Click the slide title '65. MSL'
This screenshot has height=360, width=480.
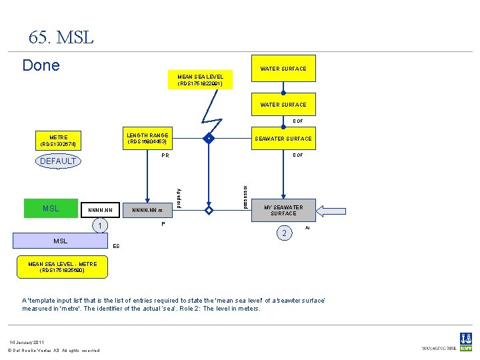[x=61, y=37]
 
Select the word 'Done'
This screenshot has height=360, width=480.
[x=41, y=65]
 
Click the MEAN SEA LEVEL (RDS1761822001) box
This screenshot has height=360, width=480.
[x=201, y=80]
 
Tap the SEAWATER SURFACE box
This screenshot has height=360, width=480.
[x=283, y=139]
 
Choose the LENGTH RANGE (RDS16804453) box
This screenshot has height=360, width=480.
[x=147, y=139]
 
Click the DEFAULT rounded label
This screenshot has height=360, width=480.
[x=58, y=161]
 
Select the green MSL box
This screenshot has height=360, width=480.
[x=51, y=209]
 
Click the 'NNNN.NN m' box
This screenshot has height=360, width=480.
[x=147, y=211]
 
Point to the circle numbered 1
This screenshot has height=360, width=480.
[x=98, y=226]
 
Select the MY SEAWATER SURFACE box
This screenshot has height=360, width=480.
[x=283, y=211]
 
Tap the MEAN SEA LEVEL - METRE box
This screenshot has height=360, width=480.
[x=62, y=267]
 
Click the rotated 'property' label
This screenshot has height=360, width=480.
[x=178, y=195]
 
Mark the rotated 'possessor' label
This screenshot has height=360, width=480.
[x=245, y=195]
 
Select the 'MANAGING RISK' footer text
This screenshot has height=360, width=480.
[x=439, y=349]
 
